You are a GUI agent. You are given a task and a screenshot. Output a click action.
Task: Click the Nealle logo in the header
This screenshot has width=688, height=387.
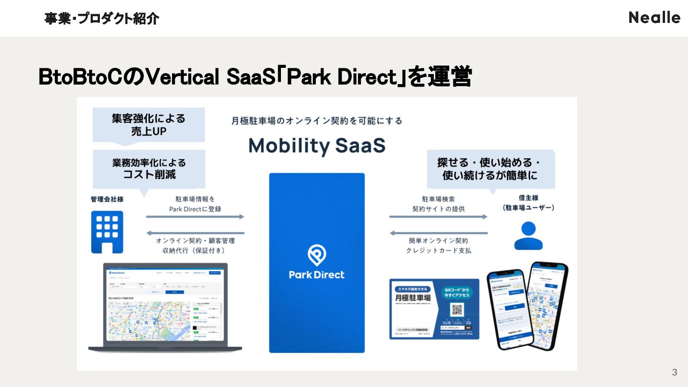[x=654, y=18]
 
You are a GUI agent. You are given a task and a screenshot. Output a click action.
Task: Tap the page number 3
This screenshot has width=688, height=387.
[x=674, y=372]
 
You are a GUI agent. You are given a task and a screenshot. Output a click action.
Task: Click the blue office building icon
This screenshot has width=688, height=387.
[x=107, y=232]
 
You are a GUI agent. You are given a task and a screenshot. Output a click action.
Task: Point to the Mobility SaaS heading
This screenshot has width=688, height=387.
[x=317, y=145]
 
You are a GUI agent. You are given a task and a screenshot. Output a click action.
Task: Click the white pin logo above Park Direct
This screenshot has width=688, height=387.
[x=316, y=255]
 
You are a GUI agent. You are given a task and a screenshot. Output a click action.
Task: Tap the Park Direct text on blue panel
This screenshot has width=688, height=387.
[x=316, y=275]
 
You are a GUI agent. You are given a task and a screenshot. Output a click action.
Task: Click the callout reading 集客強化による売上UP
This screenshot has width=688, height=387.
[x=149, y=124]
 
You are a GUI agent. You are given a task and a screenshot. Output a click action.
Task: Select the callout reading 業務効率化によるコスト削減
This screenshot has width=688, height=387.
[x=149, y=168]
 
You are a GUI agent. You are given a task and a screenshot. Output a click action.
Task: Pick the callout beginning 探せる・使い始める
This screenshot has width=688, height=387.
[x=490, y=169]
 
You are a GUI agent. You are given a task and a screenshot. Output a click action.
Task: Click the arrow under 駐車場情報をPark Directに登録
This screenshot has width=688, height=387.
[x=195, y=216]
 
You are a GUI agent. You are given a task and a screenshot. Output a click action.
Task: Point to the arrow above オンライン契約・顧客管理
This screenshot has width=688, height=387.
[x=195, y=233]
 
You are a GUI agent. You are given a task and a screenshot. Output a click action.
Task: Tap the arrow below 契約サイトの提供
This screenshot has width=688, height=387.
[x=438, y=216]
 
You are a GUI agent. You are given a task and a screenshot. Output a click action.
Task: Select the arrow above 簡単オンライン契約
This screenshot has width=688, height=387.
[x=438, y=233]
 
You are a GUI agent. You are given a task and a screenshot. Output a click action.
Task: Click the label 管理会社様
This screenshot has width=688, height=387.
[x=107, y=199]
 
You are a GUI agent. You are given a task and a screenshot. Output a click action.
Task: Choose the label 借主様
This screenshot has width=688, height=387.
[x=528, y=197]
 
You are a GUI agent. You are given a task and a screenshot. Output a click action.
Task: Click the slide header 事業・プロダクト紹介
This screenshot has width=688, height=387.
[x=101, y=19]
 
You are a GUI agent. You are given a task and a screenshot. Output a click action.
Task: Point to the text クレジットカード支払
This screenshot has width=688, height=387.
[x=438, y=250]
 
